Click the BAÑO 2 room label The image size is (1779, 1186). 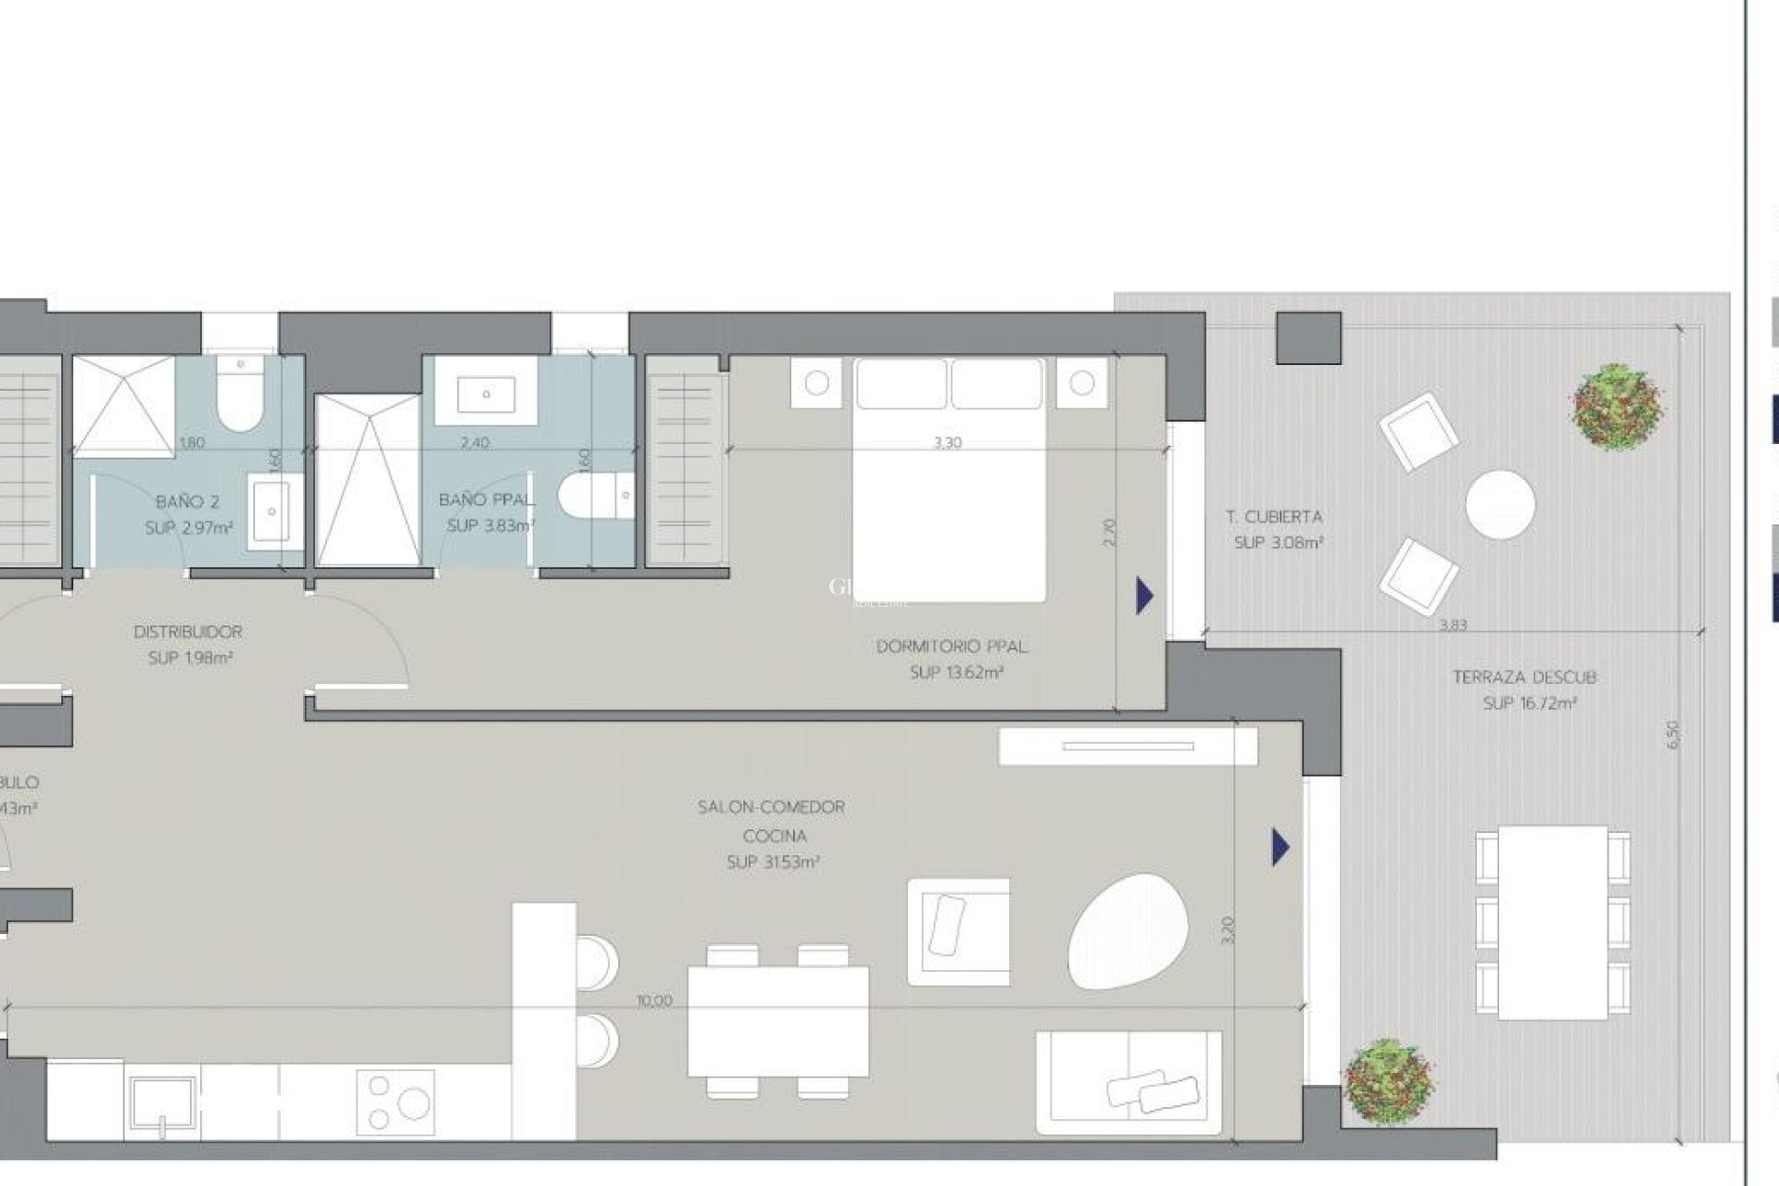[x=187, y=502]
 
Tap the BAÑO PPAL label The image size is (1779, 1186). [x=486, y=500]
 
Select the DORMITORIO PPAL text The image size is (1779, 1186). [x=952, y=647]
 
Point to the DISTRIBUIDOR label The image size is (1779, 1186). [x=188, y=632]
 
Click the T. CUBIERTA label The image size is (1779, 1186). [x=1274, y=517]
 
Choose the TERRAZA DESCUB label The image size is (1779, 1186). [x=1524, y=677]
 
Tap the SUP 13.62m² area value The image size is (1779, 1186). [x=956, y=673]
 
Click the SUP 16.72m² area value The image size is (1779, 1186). [x=1530, y=703]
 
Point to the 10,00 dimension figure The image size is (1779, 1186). [x=655, y=1001]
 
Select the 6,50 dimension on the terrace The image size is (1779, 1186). [x=1672, y=735]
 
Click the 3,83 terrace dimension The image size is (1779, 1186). [x=1453, y=625]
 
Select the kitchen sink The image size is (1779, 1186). [x=163, y=1106]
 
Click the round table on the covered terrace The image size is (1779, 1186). [x=1500, y=504]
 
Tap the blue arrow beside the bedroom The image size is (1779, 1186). [x=1145, y=596]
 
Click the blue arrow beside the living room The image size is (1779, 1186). [x=1281, y=847]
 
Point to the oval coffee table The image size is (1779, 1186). [x=1126, y=930]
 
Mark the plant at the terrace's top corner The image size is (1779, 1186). [x=1618, y=407]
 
